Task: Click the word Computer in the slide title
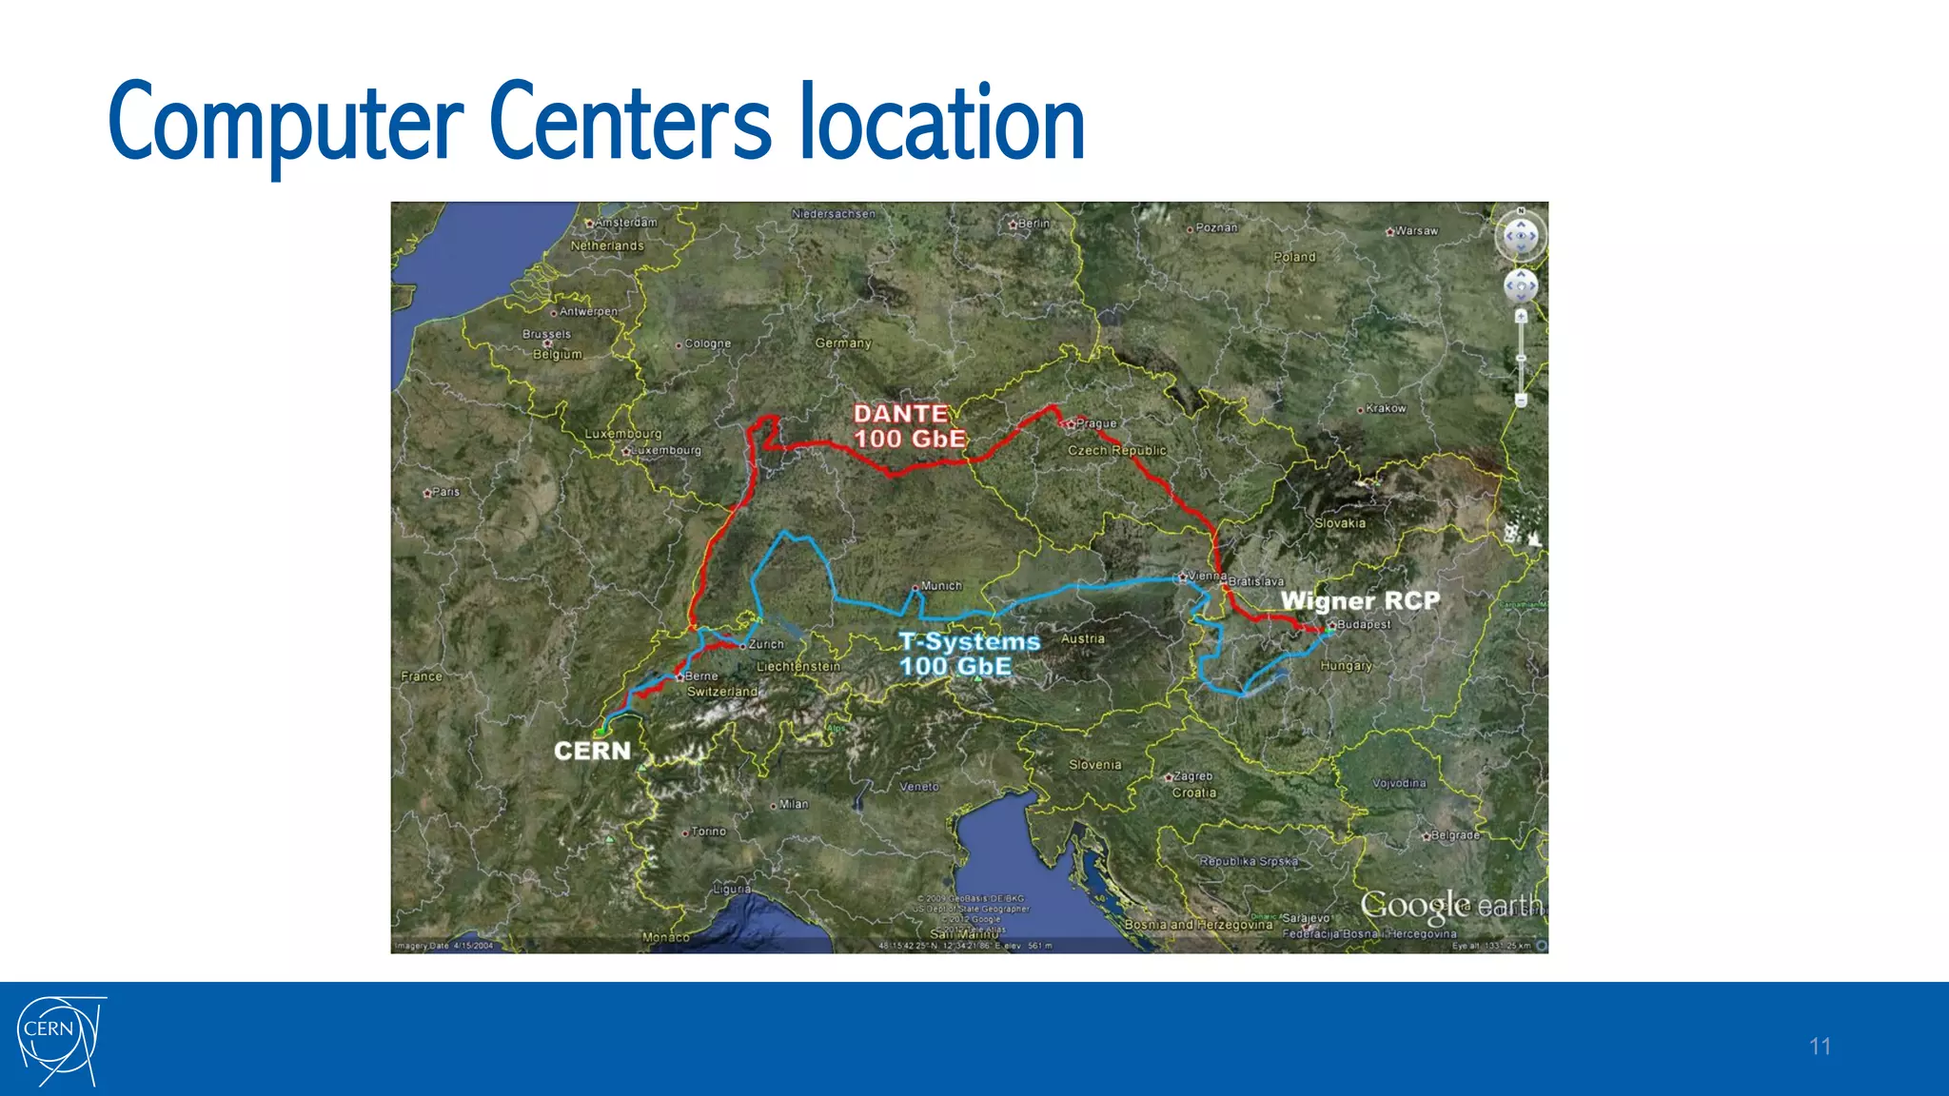click(x=285, y=124)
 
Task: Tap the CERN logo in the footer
click(x=59, y=1040)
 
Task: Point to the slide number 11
click(x=1820, y=1047)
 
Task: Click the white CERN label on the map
click(x=592, y=751)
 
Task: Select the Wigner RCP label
click(x=1360, y=600)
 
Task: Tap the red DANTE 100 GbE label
click(x=909, y=426)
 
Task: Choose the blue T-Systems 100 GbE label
click(x=970, y=654)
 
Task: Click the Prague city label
click(x=1095, y=423)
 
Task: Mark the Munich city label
click(x=940, y=586)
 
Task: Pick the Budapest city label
click(x=1363, y=625)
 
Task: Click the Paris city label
click(x=444, y=492)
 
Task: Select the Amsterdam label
click(x=625, y=223)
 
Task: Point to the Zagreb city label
click(x=1192, y=776)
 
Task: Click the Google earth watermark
click(x=1449, y=907)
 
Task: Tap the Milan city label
click(x=793, y=805)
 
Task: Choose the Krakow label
click(x=1385, y=409)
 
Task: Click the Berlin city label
click(x=1034, y=224)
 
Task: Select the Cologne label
click(x=707, y=343)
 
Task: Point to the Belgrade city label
click(x=1454, y=835)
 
